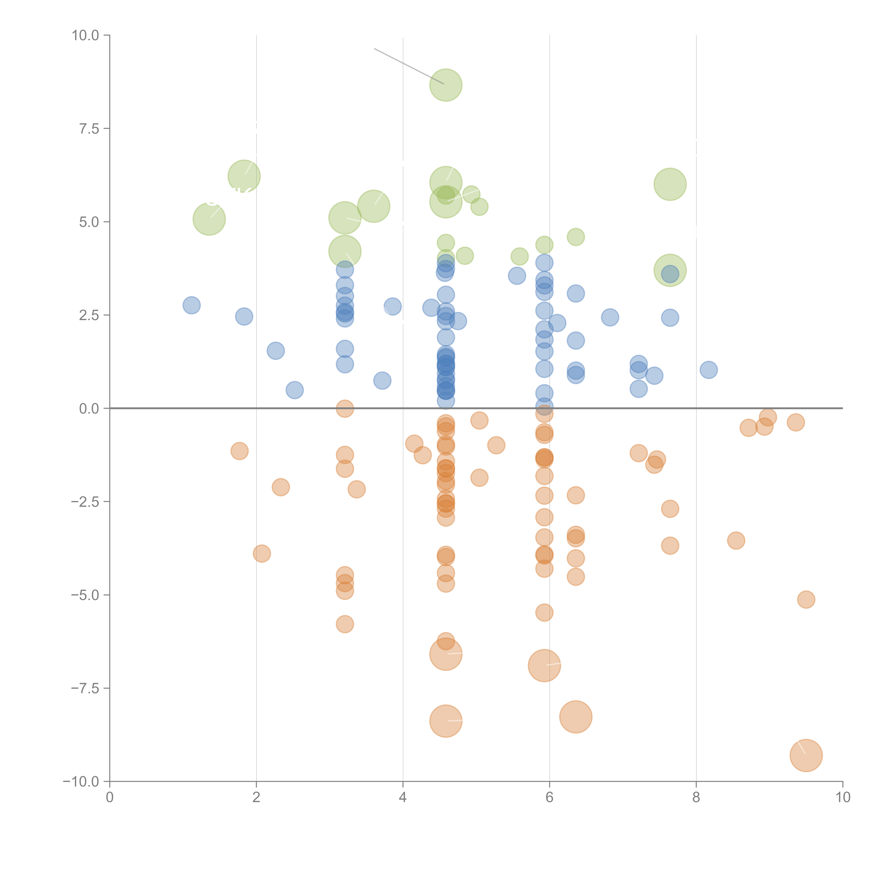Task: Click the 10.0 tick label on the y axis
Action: click(86, 35)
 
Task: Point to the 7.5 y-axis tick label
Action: click(89, 129)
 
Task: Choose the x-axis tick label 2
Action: click(256, 798)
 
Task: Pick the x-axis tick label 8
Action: click(696, 798)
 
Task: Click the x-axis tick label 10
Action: click(843, 798)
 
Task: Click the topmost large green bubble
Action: click(446, 85)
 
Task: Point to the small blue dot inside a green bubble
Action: click(670, 274)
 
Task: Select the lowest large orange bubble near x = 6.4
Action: click(576, 717)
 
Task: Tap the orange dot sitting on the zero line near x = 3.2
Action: click(345, 409)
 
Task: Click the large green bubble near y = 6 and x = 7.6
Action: click(670, 184)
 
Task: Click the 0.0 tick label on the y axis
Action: click(89, 409)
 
